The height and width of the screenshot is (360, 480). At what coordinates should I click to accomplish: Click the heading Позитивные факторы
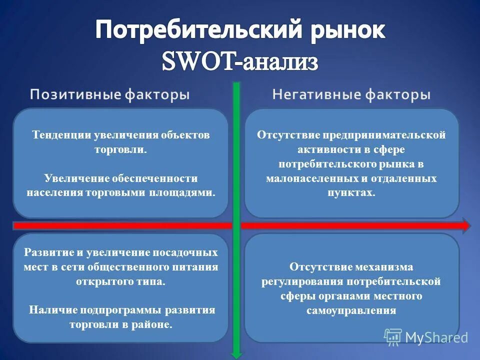[110, 95]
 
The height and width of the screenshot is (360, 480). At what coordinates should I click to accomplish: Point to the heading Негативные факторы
[351, 95]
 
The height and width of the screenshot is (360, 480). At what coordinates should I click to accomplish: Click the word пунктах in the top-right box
[351, 192]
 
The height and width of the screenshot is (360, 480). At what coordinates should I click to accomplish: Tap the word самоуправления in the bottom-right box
[351, 310]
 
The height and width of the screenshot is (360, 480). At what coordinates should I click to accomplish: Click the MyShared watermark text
[436, 337]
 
